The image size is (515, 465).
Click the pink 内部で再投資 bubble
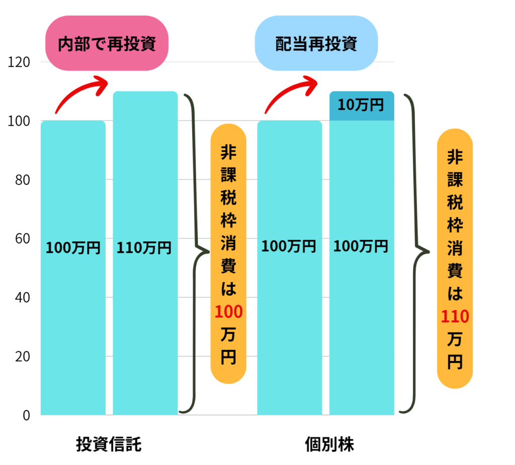click(x=107, y=44)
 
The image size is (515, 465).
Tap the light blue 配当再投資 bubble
click(x=316, y=44)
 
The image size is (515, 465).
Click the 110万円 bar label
click(x=144, y=248)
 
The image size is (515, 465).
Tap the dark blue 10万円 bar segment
click(x=361, y=106)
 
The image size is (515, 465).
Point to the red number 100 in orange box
click(x=228, y=312)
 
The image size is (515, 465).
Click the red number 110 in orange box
click(x=455, y=317)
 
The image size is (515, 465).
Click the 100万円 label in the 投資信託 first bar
click(x=73, y=248)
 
